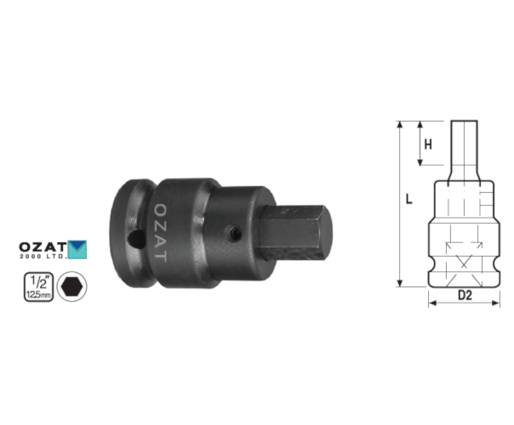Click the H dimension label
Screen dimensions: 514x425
[x=428, y=144]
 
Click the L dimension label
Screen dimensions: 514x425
[x=408, y=199]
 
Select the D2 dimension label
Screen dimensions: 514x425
[x=465, y=295]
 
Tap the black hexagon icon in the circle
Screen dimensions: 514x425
[x=71, y=286]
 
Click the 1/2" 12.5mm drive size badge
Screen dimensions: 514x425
[x=38, y=286]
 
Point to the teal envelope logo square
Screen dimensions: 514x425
[x=77, y=250]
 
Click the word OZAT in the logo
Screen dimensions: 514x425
[x=43, y=246]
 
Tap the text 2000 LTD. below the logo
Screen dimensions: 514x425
[x=43, y=257]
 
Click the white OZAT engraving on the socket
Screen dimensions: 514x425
[x=160, y=233]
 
